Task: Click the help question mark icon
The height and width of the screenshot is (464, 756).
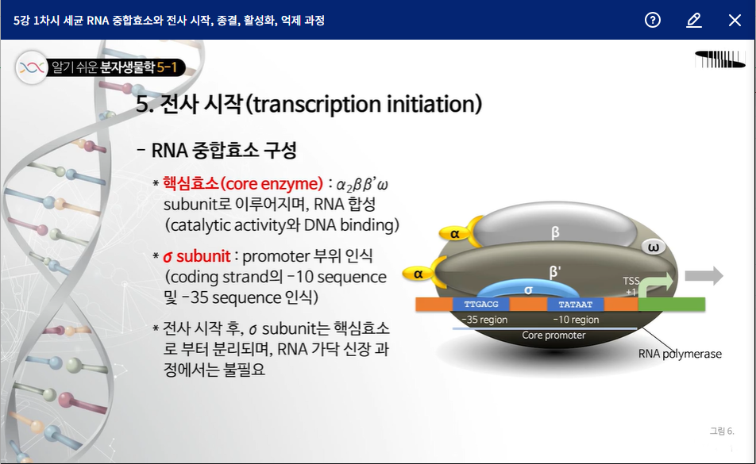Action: tap(652, 20)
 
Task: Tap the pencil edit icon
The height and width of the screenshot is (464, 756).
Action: tap(693, 20)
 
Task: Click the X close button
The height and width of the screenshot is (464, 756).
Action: tap(735, 20)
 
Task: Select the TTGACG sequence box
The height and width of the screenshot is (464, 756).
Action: tap(481, 305)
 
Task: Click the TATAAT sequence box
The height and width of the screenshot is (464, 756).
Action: tap(575, 305)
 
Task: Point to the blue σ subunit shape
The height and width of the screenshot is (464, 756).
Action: tap(528, 290)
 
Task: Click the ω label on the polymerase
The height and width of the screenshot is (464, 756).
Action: tap(654, 247)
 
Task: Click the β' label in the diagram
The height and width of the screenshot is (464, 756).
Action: tap(555, 272)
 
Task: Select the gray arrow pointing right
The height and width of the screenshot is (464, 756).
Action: tap(704, 276)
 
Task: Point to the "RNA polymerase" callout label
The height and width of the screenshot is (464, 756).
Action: tap(680, 354)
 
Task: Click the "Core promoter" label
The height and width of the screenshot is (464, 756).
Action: tap(553, 335)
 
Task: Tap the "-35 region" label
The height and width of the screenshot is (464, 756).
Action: tap(484, 320)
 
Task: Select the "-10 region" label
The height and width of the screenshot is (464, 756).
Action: tap(576, 320)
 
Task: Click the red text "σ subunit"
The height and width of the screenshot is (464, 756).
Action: tap(197, 256)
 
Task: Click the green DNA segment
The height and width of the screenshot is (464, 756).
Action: tap(672, 305)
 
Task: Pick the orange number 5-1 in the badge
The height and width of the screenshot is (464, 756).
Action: tap(167, 67)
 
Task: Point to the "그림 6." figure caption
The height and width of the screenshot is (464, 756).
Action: tap(722, 431)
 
